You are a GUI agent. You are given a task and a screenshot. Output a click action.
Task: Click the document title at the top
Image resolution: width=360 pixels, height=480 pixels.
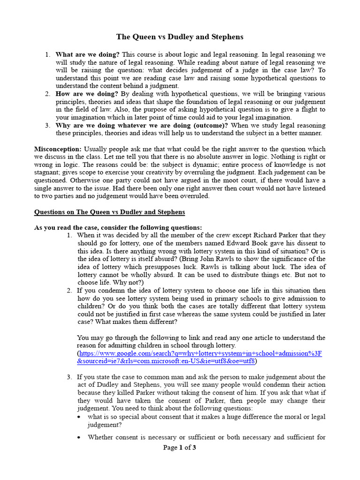point(180,37)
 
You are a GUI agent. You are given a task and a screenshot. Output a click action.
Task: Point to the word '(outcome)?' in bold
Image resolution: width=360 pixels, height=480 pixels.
point(211,125)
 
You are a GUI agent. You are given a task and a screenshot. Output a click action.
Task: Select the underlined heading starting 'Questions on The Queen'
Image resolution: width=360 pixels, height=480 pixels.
point(110,212)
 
